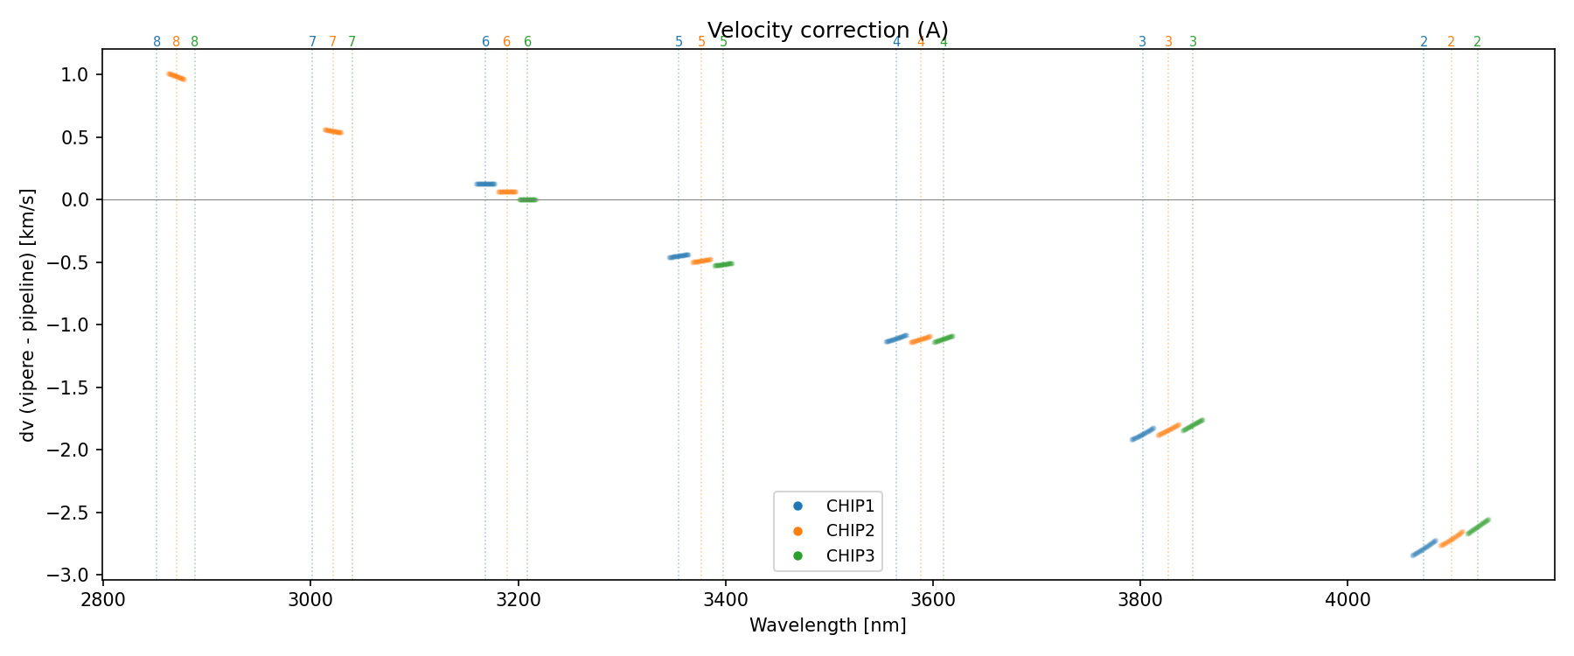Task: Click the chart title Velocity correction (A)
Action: click(827, 31)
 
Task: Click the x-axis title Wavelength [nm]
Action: click(827, 625)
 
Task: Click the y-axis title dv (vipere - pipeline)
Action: click(28, 315)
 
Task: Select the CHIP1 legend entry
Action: click(849, 506)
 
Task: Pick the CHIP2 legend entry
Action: click(849, 531)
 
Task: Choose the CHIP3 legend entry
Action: click(849, 556)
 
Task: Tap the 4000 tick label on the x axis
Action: click(1348, 603)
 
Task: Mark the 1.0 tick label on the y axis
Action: click(77, 74)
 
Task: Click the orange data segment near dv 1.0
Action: click(177, 77)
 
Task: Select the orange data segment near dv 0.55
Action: click(333, 131)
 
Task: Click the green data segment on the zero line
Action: click(527, 199)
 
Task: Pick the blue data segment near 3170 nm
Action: click(485, 184)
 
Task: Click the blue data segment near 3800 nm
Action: click(1143, 434)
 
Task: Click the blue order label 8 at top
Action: click(157, 42)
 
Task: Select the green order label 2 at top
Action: click(1477, 42)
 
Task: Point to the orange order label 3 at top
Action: click(1168, 42)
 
